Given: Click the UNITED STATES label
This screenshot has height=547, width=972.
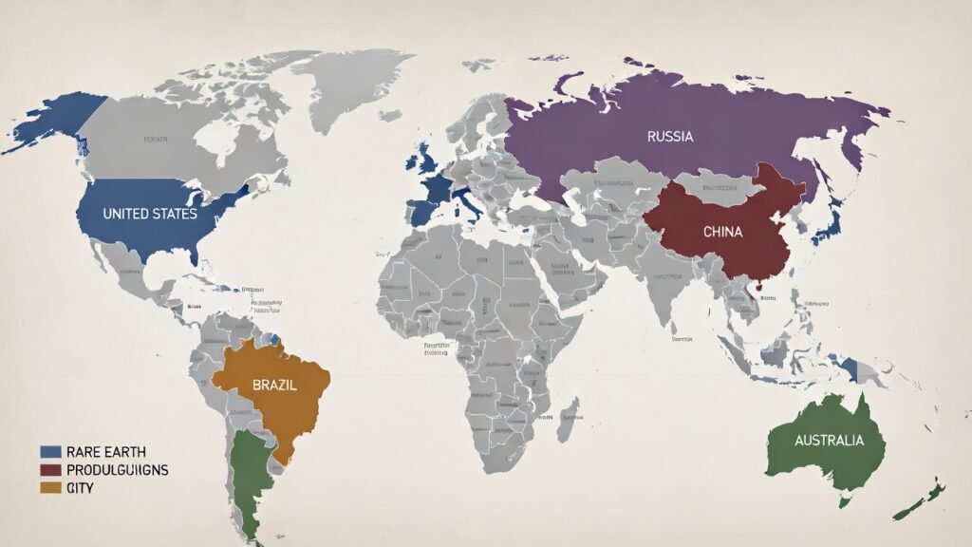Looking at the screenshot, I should click(x=150, y=214).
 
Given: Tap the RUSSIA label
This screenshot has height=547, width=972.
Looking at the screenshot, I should click(x=670, y=136).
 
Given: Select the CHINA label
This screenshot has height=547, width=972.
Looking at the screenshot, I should click(x=722, y=231).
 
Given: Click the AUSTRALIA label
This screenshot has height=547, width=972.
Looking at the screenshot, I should click(x=829, y=441).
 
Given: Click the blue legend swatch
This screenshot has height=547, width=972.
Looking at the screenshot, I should click(x=52, y=450).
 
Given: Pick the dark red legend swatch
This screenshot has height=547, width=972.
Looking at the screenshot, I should click(x=52, y=469).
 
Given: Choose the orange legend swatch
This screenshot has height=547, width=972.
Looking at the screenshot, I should click(x=52, y=488).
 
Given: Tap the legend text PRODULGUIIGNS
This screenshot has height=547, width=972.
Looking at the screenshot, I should click(x=116, y=469).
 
